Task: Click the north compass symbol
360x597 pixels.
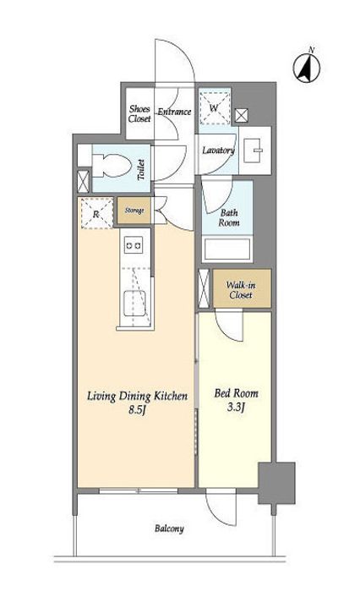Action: (x=307, y=68)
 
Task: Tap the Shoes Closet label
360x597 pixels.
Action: (x=139, y=113)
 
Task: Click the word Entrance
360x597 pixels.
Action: (x=174, y=112)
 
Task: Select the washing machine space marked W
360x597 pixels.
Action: (x=215, y=107)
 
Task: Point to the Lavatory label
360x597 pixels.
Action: (x=218, y=151)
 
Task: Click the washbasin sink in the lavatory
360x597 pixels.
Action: (x=254, y=151)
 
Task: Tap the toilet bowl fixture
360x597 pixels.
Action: (x=112, y=166)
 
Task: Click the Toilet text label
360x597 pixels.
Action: (x=141, y=170)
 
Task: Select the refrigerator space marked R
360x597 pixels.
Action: (x=96, y=213)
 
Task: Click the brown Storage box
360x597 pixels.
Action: (x=134, y=210)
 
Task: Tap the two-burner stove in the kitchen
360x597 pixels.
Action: (x=134, y=245)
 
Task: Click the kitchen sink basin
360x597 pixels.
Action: (x=134, y=303)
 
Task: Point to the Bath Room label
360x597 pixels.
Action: (x=229, y=218)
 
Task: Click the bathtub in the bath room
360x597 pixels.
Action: (x=227, y=249)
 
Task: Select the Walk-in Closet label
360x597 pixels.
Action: (x=241, y=290)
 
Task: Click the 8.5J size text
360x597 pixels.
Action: (x=138, y=411)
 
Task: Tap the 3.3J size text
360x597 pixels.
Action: (x=236, y=408)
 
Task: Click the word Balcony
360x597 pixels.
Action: (x=169, y=529)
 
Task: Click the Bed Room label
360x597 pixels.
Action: (x=236, y=393)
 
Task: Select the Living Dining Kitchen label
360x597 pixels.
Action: (x=138, y=397)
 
